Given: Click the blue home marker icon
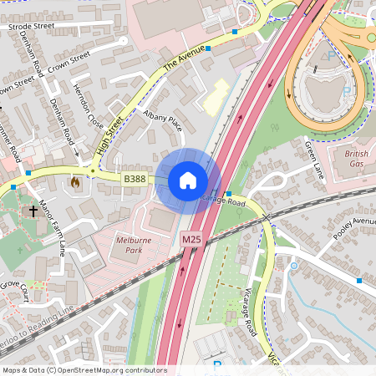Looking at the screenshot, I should point(188,180).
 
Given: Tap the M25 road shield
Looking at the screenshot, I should point(191,240).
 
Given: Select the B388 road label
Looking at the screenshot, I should point(135,179).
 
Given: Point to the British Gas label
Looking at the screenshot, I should point(357,160).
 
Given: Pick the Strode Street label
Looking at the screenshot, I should point(31,27).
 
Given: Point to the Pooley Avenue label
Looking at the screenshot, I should point(355,227).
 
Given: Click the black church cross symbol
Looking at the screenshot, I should point(33,211).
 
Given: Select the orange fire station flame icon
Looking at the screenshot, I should point(74,181).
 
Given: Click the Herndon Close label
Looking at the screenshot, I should point(89,109).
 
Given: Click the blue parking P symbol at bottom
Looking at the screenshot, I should point(218,365).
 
